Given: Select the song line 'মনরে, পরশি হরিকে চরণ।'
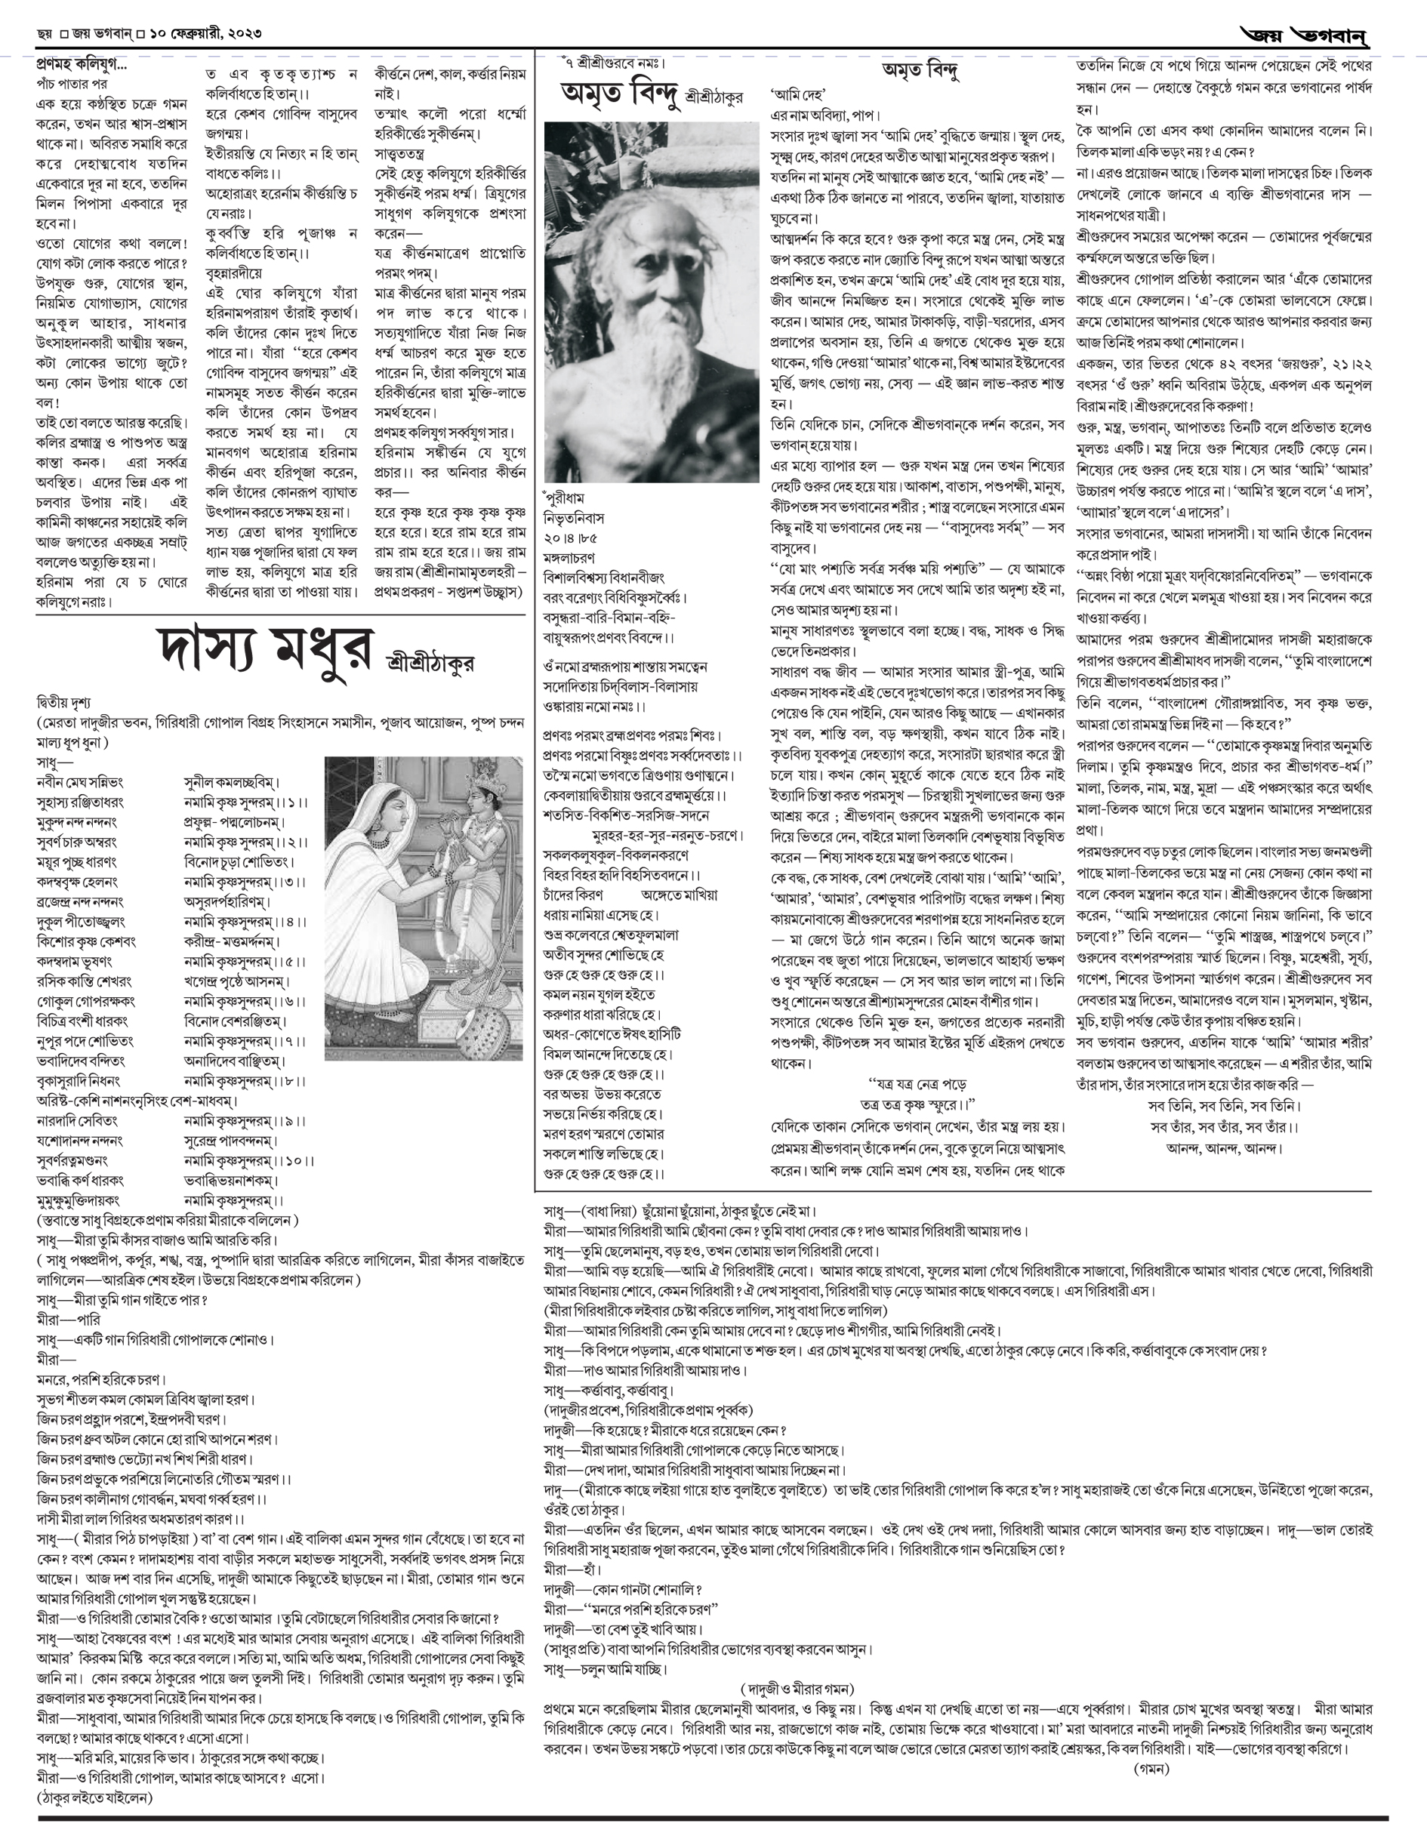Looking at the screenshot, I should pyautogui.click(x=100, y=1380).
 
